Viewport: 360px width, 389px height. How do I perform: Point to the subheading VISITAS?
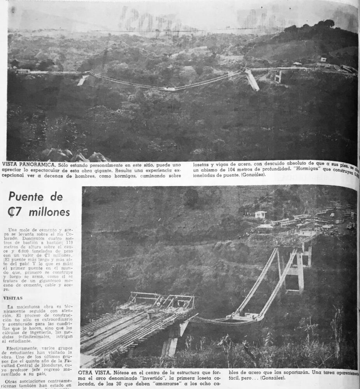(x=12, y=298)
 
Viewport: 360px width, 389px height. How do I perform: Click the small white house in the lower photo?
(x=260, y=214)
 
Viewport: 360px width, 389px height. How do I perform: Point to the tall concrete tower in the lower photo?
(x=296, y=268)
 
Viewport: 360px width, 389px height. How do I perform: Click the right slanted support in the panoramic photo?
(x=252, y=79)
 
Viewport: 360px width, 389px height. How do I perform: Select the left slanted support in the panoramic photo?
(x=83, y=81)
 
